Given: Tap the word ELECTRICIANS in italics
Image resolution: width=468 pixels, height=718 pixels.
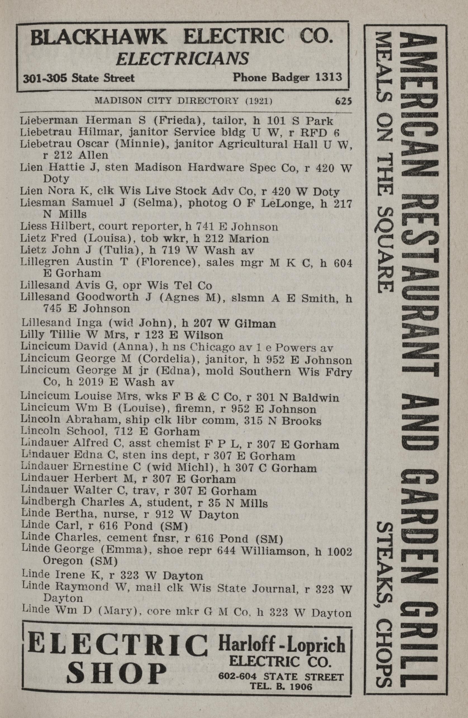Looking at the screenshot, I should (x=182, y=58).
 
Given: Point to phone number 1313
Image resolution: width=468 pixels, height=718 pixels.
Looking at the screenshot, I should (x=327, y=77).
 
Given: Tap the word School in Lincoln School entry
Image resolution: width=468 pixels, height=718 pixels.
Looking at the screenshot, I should (x=90, y=432).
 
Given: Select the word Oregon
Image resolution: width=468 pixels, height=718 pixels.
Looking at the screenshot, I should (x=63, y=561).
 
